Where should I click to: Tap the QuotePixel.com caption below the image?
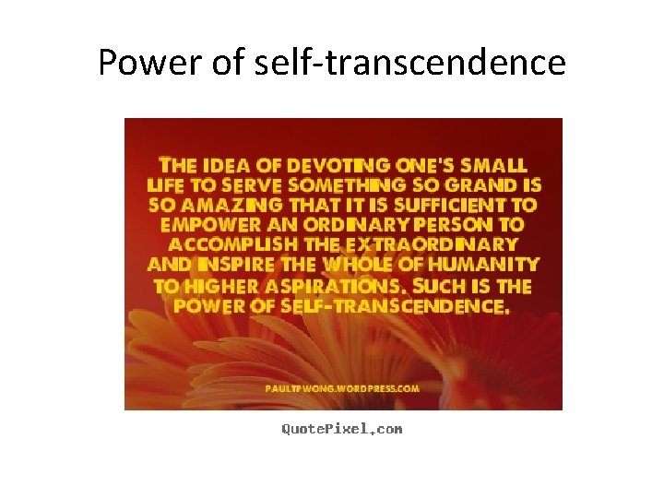pyautogui.click(x=341, y=429)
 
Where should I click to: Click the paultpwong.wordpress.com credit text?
pyautogui.click(x=342, y=388)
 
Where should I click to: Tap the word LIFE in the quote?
pyautogui.click(x=166, y=185)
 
